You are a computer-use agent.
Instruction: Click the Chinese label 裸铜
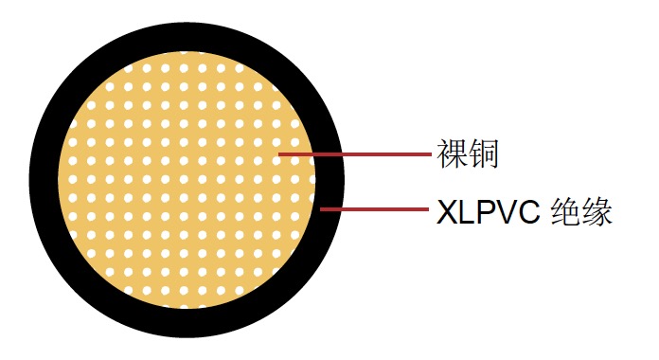(x=467, y=153)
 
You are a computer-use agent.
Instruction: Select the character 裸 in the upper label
(x=452, y=153)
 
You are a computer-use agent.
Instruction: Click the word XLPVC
(x=488, y=210)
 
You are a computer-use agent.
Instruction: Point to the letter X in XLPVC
(x=446, y=210)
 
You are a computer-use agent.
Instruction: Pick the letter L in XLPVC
(x=465, y=210)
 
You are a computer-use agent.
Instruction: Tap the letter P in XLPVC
(x=483, y=210)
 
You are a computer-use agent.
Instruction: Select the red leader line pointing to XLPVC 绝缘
(x=374, y=208)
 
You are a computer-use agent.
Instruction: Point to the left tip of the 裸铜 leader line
(x=278, y=153)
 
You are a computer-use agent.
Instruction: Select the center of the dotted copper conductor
(x=187, y=180)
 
